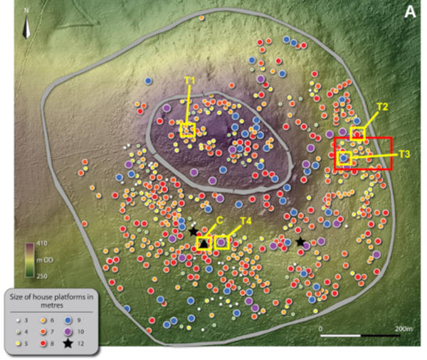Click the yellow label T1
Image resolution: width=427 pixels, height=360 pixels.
(189, 80)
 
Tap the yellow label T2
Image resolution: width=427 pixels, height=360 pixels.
(381, 107)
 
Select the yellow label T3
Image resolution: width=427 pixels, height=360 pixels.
(404, 154)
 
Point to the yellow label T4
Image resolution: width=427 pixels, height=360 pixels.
(246, 221)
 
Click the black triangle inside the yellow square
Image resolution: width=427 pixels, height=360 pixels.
(204, 244)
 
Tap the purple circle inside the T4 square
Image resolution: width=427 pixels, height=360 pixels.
(222, 243)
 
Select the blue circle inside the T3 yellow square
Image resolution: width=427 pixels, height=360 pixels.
(344, 158)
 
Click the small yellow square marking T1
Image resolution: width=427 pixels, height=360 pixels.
(187, 129)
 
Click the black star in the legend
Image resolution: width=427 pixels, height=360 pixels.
(68, 344)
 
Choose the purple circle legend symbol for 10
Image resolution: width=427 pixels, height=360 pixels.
(68, 331)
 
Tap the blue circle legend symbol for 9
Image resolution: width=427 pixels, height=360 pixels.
(68, 318)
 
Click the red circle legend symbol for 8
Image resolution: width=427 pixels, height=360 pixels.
(41, 344)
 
